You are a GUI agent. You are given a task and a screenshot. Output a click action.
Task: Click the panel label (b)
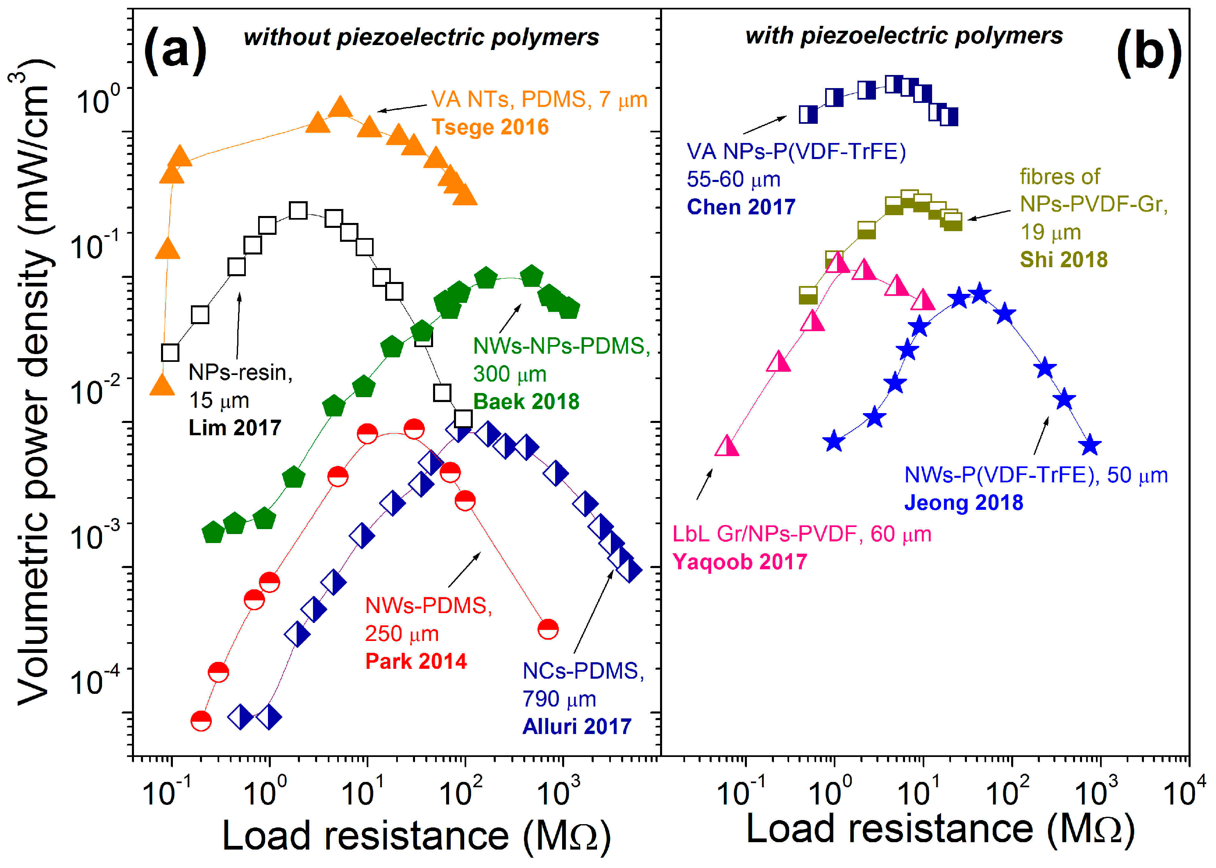tap(1149, 52)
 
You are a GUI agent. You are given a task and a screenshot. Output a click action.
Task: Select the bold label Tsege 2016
tap(490, 127)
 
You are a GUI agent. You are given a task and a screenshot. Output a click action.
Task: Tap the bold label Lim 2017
tap(234, 427)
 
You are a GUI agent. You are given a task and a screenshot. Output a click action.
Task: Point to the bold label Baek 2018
tap(526, 401)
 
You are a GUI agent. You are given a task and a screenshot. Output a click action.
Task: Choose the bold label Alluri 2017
tap(577, 726)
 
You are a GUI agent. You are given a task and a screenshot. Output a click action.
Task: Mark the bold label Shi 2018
tap(1064, 260)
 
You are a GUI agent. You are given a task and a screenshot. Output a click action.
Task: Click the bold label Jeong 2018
tap(963, 502)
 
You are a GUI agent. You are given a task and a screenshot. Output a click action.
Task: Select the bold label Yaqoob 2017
tap(740, 562)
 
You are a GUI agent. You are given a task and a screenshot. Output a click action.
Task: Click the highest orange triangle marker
tap(340, 107)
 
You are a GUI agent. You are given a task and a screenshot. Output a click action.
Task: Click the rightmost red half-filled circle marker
tap(548, 629)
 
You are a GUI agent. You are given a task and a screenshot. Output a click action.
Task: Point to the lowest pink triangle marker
tap(726, 446)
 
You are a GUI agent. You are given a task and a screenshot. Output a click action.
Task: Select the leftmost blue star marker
tap(834, 441)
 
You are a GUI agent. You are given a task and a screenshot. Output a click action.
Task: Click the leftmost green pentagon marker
tap(213, 532)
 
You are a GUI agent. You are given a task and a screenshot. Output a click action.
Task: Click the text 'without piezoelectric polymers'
tap(421, 37)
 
